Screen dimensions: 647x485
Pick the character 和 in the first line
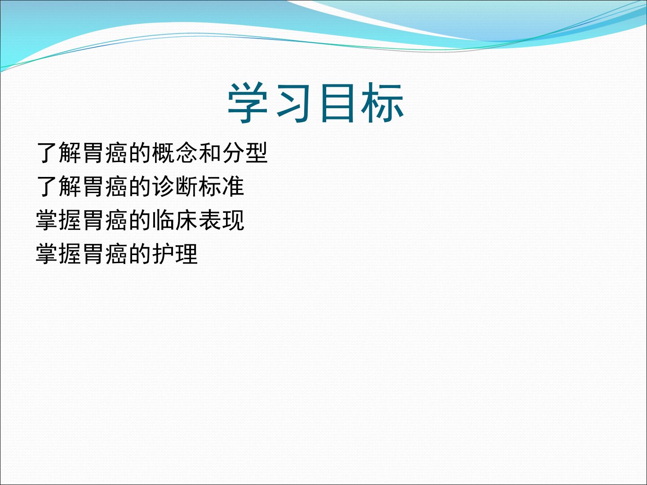pos(210,153)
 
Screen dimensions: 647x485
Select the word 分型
pos(245,153)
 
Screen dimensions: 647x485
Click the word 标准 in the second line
pos(222,186)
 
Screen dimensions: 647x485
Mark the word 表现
pos(222,220)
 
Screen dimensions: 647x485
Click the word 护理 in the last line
pos(175,254)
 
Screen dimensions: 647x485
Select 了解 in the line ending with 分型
pos(58,153)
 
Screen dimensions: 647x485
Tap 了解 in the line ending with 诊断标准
pos(58,186)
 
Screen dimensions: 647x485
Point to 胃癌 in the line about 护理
pos(105,254)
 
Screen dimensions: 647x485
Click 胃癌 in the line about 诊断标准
pos(105,186)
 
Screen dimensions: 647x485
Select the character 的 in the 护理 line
pos(140,254)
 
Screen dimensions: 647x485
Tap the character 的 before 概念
pos(140,153)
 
